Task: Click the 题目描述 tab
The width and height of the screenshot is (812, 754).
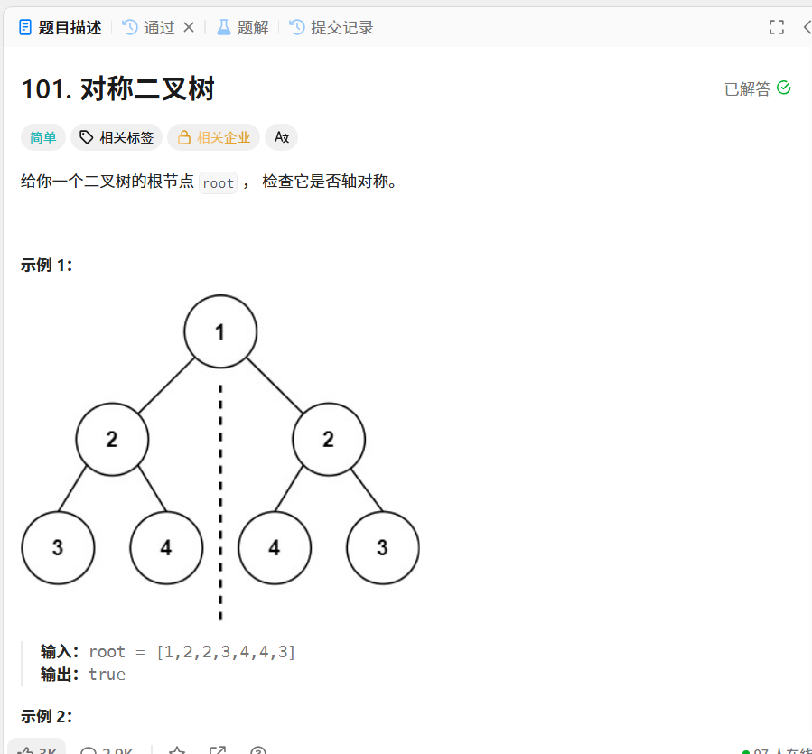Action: (x=61, y=27)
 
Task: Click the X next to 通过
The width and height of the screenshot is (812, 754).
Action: (x=189, y=27)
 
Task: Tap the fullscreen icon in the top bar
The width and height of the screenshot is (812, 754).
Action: (x=777, y=27)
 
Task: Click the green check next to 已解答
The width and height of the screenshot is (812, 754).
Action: (x=784, y=88)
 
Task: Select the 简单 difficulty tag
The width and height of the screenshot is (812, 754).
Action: (x=43, y=137)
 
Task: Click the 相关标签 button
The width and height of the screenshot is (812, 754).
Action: (x=117, y=137)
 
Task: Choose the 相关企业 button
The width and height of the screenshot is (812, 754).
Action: (x=213, y=137)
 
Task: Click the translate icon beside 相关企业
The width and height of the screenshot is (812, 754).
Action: (x=282, y=137)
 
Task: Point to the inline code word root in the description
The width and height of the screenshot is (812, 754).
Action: (x=219, y=182)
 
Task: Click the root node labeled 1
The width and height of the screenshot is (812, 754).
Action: (x=220, y=331)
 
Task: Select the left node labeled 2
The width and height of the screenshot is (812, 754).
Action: (x=112, y=440)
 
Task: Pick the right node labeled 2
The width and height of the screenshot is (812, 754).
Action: (x=329, y=440)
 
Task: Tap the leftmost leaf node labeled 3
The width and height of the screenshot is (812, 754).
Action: (x=58, y=548)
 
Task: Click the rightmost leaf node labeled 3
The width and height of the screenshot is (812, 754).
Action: (x=383, y=548)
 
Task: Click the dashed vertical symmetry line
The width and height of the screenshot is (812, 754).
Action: (x=220, y=506)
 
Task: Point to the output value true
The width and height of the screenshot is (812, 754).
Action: (x=107, y=674)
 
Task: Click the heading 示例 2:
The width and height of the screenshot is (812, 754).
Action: (x=46, y=716)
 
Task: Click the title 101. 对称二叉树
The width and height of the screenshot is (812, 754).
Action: (x=117, y=89)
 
